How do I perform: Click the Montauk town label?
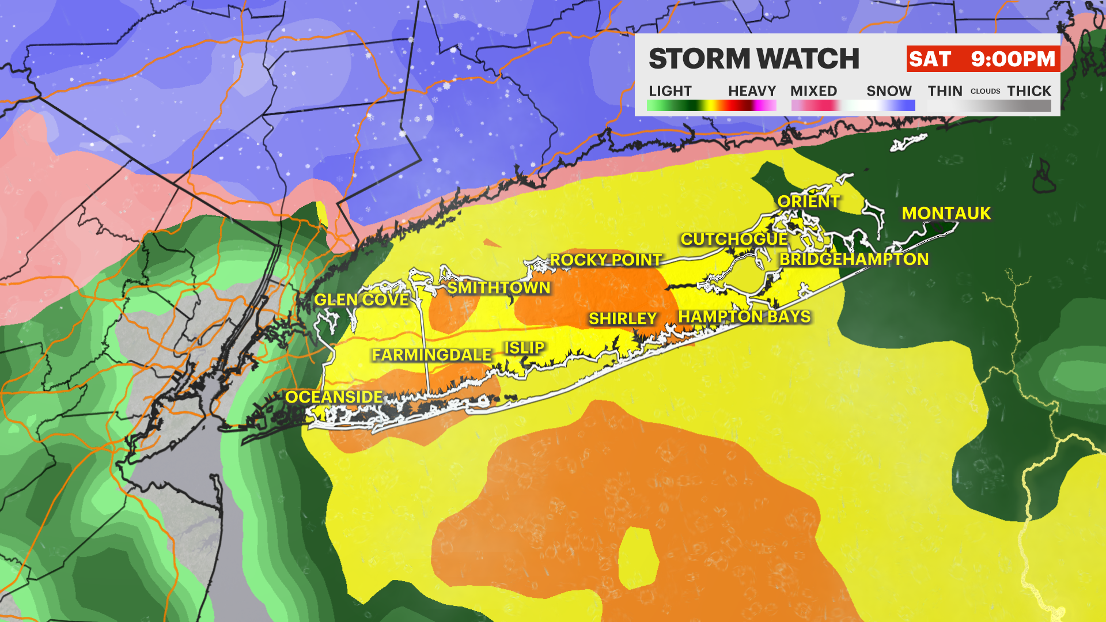coord(946,214)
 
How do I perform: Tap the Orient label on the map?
coord(808,202)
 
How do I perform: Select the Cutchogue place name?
coord(734,239)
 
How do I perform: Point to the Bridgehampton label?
coord(854,259)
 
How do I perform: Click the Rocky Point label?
coord(605,260)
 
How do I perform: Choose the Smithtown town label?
coord(499,288)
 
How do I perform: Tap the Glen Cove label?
coord(361,299)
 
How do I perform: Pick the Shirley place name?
coord(623,318)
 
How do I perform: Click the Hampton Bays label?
coord(744,317)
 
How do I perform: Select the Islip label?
coord(524,348)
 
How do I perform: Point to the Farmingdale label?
coord(431,355)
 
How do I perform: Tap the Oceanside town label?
coord(334,397)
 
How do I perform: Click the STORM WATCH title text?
coord(753,59)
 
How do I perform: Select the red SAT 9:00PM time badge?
coord(982,59)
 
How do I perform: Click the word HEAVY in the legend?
coord(752,91)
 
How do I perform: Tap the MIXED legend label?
coord(813,91)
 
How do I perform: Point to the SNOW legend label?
coord(889,91)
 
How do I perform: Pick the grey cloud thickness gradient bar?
coord(989,106)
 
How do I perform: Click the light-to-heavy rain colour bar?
coord(711,106)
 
